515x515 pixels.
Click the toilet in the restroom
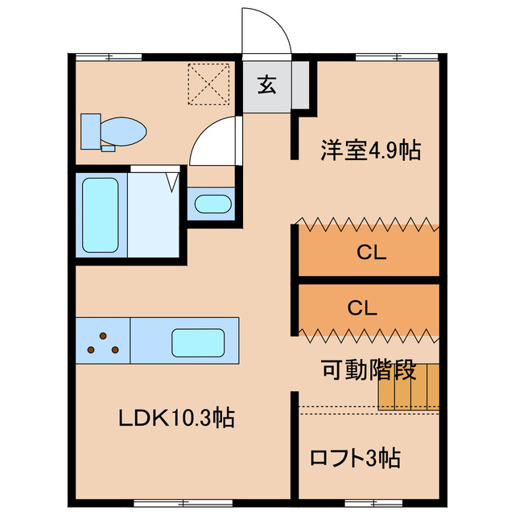click(x=121, y=130)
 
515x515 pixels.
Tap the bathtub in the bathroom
click(x=101, y=214)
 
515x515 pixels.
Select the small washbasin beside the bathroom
click(x=212, y=204)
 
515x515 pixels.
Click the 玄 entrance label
click(x=266, y=84)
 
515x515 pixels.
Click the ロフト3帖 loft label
click(x=355, y=458)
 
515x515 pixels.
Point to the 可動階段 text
click(x=369, y=371)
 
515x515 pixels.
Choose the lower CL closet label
click(x=363, y=307)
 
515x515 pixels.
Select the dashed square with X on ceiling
click(x=208, y=83)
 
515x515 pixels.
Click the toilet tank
click(x=91, y=130)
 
